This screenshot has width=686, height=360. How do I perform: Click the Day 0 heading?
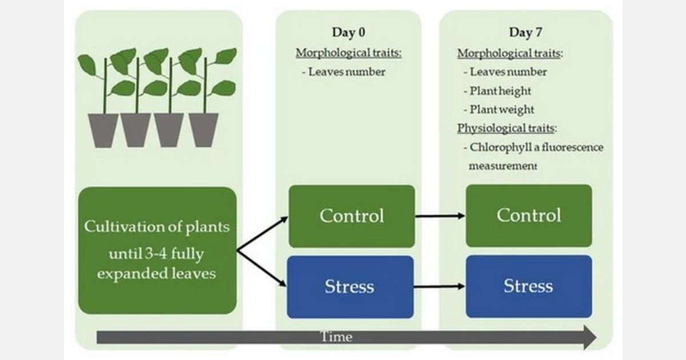[x=349, y=33]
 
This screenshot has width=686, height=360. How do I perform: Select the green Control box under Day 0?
[x=350, y=216]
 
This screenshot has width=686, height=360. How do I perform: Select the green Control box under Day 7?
[x=529, y=216]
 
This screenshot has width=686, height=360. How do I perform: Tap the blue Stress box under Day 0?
[x=350, y=286]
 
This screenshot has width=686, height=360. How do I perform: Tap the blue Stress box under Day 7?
[x=529, y=286]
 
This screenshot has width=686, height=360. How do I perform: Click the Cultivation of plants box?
[x=157, y=250]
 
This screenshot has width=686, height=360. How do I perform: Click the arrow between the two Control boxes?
[x=440, y=216]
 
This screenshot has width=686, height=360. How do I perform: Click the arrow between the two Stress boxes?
[x=440, y=286]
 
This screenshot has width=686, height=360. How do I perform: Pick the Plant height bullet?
[x=500, y=91]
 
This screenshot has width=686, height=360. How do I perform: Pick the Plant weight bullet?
[x=501, y=110]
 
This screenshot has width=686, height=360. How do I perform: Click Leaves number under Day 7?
[x=508, y=72]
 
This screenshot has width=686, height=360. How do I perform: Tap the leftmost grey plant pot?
[x=103, y=129]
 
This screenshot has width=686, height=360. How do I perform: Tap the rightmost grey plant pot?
[x=204, y=129]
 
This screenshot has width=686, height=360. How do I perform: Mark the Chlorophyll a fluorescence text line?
[x=536, y=147]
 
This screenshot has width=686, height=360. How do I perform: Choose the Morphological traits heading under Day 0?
[x=349, y=53]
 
